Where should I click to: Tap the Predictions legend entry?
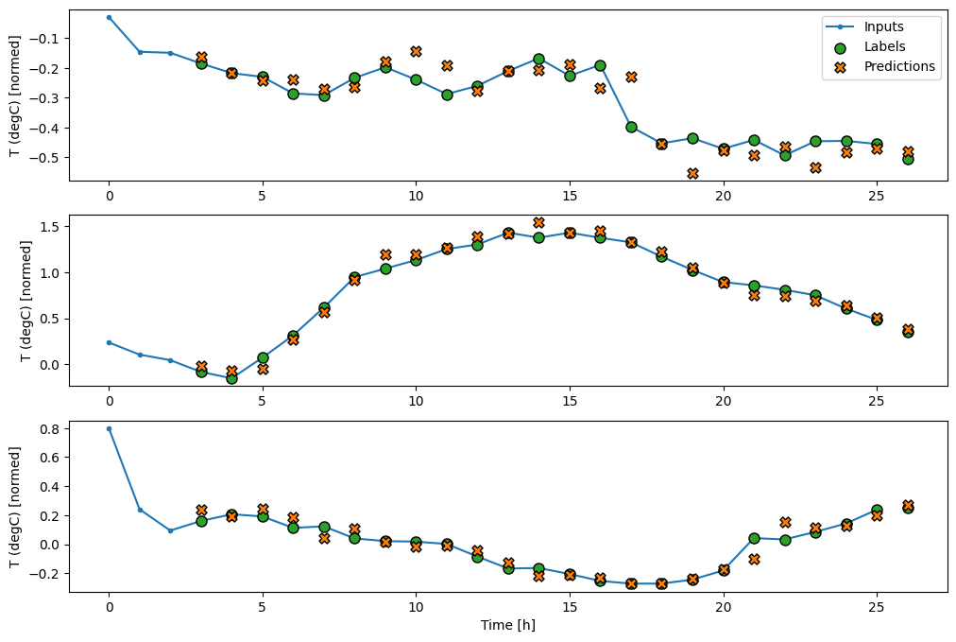tap(898, 66)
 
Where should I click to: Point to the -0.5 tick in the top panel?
tap(48, 157)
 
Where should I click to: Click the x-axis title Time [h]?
tap(508, 625)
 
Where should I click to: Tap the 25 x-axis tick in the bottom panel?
tap(877, 607)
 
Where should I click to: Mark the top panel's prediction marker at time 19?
tap(692, 174)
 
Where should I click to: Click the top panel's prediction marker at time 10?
tap(416, 51)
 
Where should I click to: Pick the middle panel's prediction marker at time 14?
tap(538, 223)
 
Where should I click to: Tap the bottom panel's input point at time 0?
tap(109, 428)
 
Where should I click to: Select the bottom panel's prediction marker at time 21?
tap(754, 559)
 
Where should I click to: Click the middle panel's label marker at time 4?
tap(231, 378)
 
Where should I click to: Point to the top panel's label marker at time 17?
tap(631, 127)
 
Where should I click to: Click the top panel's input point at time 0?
tap(109, 17)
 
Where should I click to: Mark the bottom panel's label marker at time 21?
tap(754, 538)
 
